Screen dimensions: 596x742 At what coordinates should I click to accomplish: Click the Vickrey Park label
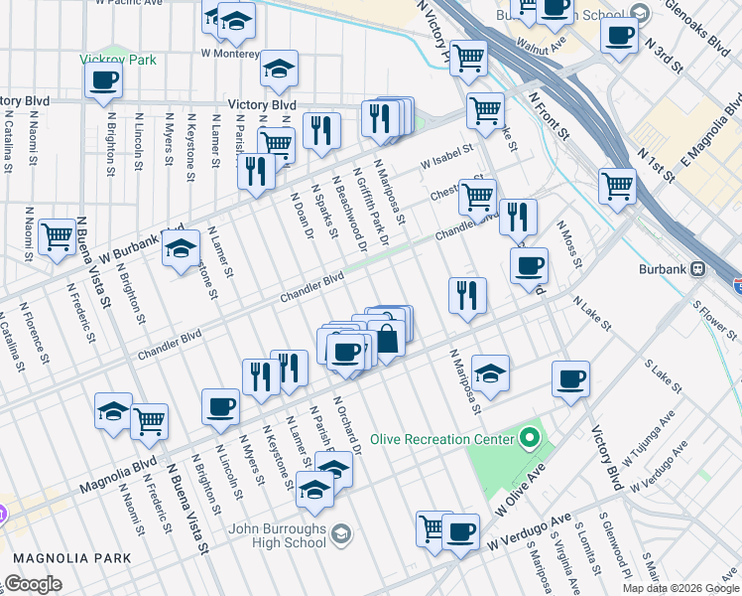118,60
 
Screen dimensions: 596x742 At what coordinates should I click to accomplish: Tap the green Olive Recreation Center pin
530,438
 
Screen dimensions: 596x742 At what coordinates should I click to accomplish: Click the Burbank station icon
698,268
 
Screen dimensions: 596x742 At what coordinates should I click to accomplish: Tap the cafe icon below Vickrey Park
103,81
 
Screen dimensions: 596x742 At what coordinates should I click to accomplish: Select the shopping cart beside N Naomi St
58,236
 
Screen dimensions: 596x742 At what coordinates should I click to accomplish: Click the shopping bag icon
387,339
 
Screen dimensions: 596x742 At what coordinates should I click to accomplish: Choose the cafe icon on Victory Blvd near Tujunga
570,378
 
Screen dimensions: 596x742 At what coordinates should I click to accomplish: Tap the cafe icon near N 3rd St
620,36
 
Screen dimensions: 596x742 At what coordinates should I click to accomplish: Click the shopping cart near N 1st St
617,185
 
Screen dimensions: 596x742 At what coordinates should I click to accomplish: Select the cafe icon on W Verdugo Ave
460,530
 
